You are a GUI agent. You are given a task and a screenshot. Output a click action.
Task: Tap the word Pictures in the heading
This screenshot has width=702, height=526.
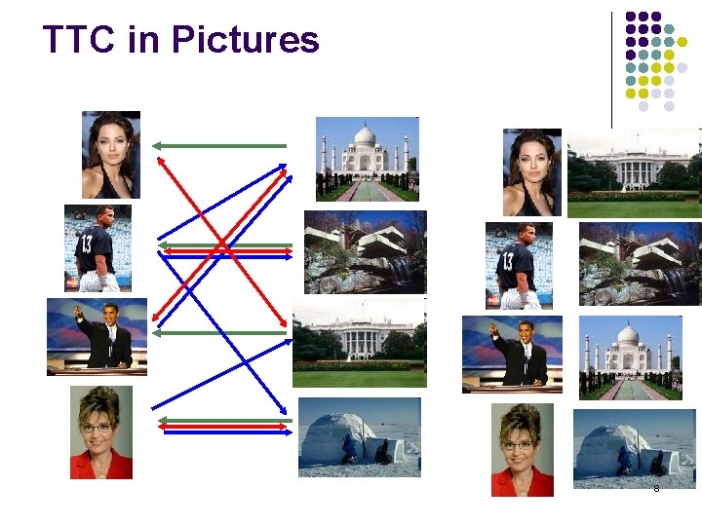pos(245,40)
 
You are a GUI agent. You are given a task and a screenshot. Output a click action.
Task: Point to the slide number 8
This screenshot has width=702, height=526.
pos(656,488)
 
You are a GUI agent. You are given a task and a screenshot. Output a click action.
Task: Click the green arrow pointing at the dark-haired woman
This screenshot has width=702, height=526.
pos(219,145)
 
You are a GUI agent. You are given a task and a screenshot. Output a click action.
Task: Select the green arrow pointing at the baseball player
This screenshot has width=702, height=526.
pos(224,244)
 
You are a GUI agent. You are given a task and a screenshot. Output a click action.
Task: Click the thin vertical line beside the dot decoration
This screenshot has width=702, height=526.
pos(612,68)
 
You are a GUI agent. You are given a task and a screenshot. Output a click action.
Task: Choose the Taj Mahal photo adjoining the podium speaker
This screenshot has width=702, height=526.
pos(629,357)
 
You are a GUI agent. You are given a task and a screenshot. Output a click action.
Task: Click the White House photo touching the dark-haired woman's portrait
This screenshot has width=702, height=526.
pos(634,172)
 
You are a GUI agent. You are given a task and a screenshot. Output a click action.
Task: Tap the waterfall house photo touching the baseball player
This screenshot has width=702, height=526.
pos(639,264)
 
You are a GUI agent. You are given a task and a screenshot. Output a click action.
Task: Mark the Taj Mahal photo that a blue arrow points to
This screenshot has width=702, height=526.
pos(368,159)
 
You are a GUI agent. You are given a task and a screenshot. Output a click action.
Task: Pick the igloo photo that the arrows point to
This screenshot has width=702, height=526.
pos(359,436)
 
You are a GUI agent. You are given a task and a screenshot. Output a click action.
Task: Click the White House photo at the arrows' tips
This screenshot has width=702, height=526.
pos(359,342)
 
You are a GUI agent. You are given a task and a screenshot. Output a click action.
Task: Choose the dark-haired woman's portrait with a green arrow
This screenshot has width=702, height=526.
pos(111,154)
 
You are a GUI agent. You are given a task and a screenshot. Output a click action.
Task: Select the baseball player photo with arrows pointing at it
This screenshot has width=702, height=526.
pos(97,247)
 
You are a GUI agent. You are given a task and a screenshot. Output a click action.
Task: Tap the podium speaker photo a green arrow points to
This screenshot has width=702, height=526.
pos(97,336)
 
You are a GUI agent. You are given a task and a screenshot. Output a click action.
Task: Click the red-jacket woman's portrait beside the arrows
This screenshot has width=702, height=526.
pos(101,432)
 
